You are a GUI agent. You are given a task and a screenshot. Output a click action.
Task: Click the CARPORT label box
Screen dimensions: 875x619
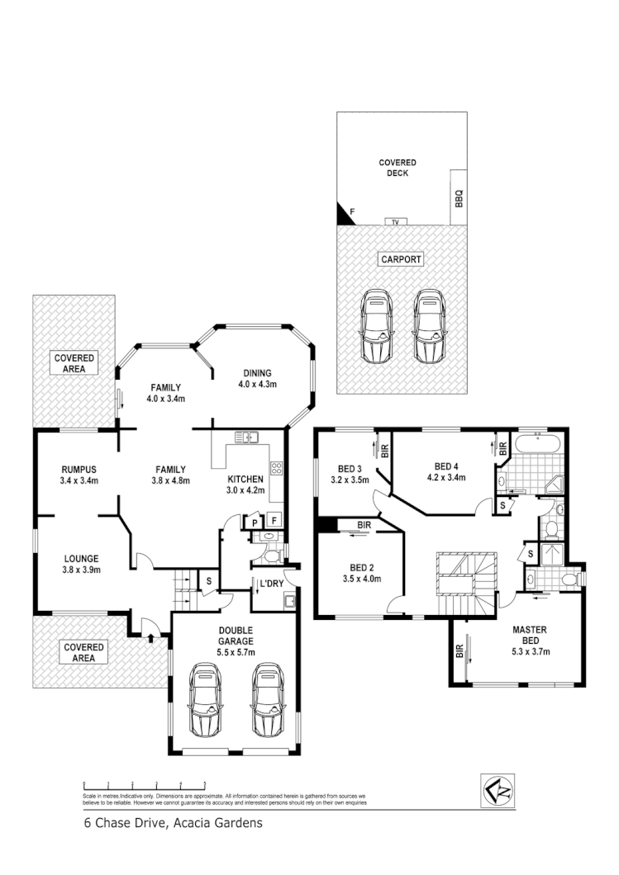pos(401,259)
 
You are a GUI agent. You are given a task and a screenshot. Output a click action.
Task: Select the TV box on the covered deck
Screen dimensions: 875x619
pos(395,222)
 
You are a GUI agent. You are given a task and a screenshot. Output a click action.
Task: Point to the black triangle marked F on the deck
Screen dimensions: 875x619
pos(344,215)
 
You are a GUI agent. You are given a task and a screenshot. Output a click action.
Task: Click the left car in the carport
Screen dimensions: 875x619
pos(375,326)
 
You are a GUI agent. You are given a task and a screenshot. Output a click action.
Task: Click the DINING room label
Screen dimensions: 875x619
pos(257,372)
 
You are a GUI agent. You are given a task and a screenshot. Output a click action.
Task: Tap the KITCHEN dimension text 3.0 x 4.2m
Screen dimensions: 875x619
pos(245,490)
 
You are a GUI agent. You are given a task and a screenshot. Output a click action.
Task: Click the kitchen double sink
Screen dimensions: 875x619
pos(247,437)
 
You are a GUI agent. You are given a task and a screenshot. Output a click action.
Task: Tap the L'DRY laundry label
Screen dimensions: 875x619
pos(271,584)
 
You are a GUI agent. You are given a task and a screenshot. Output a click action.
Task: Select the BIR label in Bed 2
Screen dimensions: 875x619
pos(364,525)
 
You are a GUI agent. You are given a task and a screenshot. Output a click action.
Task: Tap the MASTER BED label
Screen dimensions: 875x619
pos(529,635)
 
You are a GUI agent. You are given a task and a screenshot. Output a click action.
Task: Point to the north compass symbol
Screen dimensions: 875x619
pos(498,791)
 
